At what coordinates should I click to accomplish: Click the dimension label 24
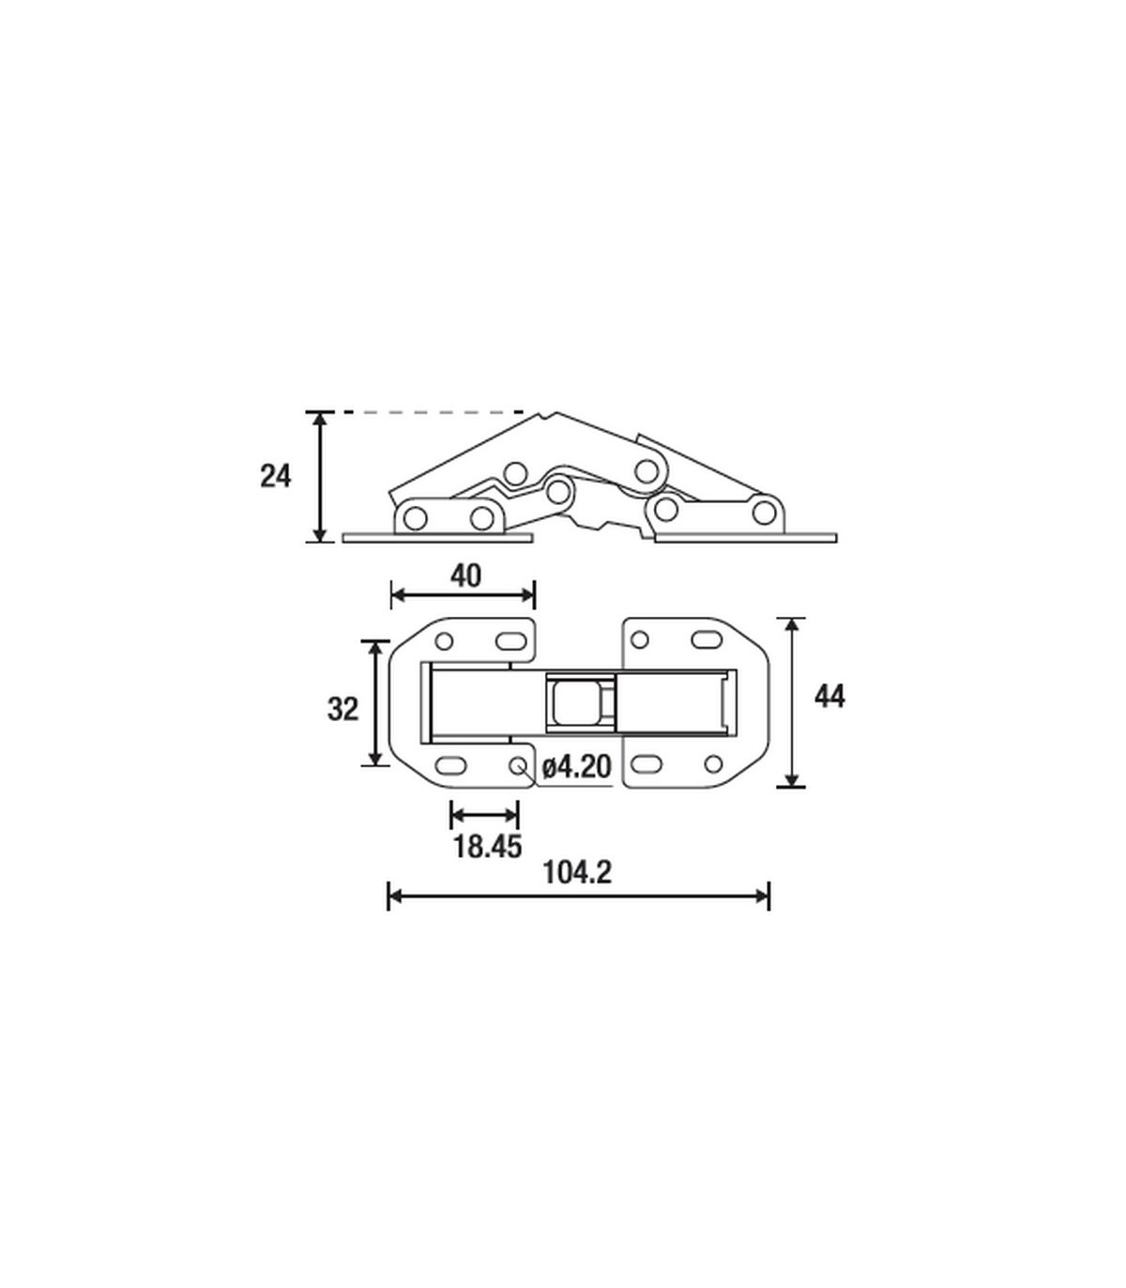coord(276,477)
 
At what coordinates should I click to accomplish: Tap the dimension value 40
coord(465,575)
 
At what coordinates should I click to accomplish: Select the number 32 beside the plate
coord(342,709)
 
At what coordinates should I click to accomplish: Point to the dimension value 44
coord(829,697)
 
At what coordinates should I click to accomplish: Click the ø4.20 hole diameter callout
coord(577,767)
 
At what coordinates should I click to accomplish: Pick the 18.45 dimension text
coord(488,847)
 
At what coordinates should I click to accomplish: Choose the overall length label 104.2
coord(577,872)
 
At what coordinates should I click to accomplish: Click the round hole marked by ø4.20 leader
coord(518,765)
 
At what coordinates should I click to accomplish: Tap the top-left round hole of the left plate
coord(444,641)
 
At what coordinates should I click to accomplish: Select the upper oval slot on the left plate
coord(510,641)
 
